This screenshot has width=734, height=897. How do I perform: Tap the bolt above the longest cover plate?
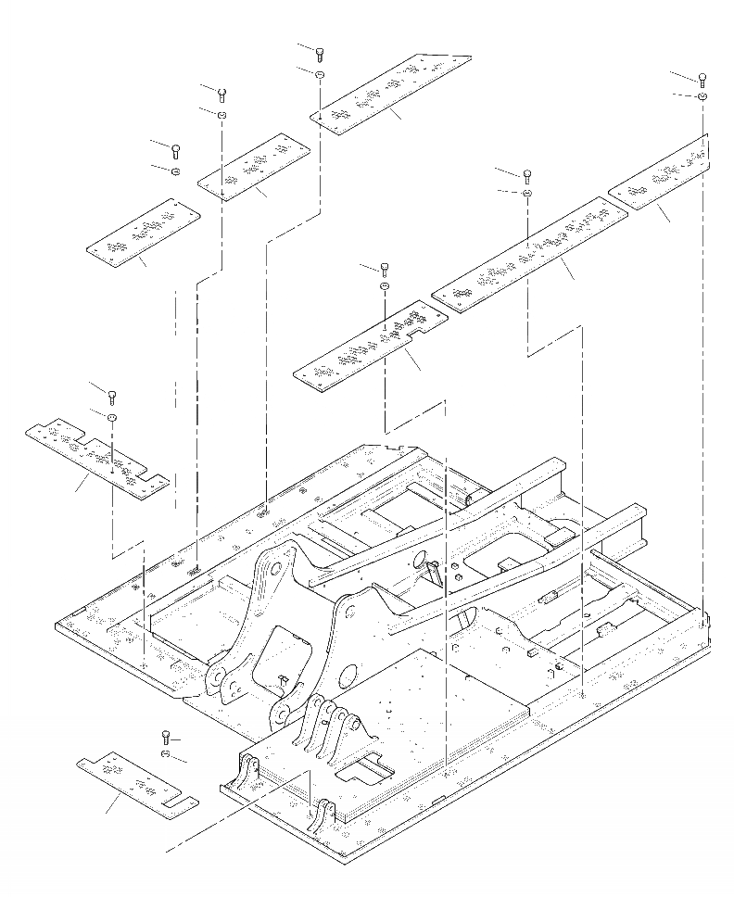click(527, 174)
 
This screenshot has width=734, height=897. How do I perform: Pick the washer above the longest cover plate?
click(526, 193)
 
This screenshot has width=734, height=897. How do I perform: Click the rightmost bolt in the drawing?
click(702, 79)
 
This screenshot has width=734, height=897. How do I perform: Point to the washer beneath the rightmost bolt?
click(702, 96)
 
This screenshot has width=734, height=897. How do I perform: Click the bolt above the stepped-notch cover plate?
click(384, 269)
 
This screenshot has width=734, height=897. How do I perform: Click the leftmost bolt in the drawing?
click(112, 398)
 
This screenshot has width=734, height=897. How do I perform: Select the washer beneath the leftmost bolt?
click(112, 418)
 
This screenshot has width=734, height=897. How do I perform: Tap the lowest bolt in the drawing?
click(165, 736)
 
